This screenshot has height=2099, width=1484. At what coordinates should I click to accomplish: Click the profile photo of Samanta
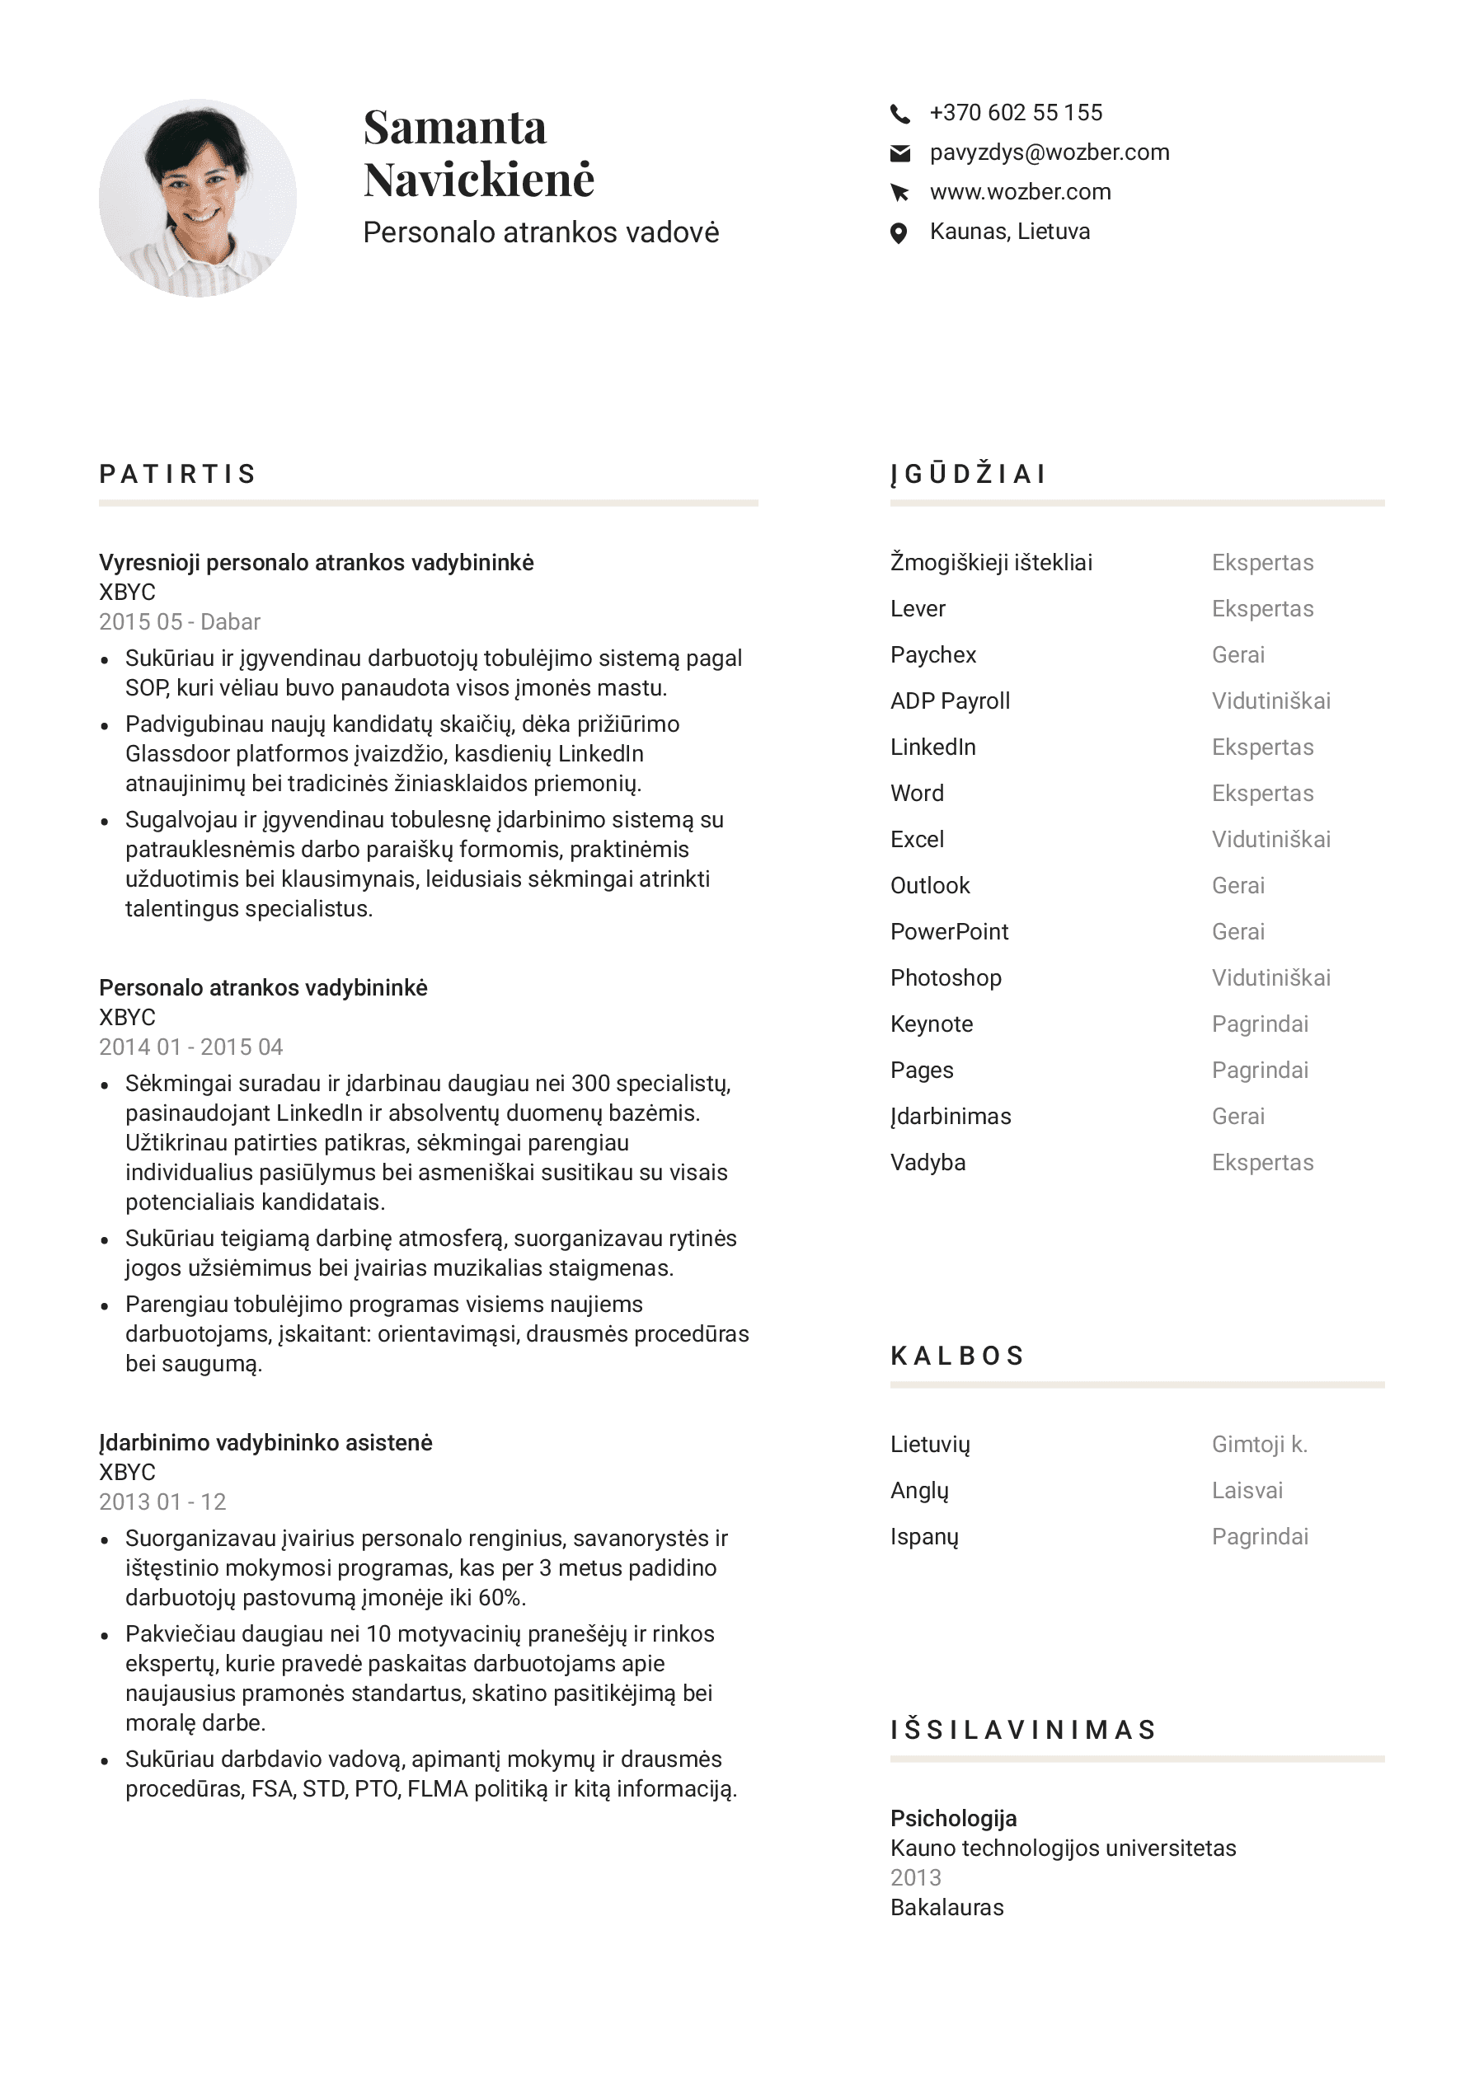pos(198,198)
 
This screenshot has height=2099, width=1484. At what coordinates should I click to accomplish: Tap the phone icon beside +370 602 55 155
pos(899,114)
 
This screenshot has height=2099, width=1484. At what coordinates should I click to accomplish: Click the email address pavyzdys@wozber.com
pos(1049,152)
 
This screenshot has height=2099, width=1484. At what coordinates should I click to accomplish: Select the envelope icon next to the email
pos(899,153)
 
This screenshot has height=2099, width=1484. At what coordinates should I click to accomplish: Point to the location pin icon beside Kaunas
pos(899,233)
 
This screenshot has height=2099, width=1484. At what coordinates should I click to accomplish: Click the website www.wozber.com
pos(1020,192)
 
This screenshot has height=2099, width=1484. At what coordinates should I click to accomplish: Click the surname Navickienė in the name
pos(478,179)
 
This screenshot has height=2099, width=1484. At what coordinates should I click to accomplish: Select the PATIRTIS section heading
pos(177,474)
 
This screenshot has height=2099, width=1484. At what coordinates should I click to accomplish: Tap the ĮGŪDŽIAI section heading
pos(967,474)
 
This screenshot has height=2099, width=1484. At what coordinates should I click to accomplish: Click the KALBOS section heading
pos(957,1355)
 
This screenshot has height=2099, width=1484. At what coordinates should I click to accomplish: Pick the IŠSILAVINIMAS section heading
pos(1023,1729)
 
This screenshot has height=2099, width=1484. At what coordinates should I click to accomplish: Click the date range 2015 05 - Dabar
pos(179,621)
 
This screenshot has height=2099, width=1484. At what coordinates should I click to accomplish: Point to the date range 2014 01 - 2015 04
pos(190,1047)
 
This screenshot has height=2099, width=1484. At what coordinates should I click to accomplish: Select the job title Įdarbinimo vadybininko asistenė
pos(265,1443)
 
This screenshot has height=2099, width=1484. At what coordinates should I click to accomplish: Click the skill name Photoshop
pos(946,977)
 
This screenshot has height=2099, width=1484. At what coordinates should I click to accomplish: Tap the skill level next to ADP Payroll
pos(1270,701)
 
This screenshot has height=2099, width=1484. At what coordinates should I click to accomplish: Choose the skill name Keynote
pos(931,1024)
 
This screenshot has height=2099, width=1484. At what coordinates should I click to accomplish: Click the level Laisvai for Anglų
pos(1247,1490)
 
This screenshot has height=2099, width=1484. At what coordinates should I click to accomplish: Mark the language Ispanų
pos(923,1537)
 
